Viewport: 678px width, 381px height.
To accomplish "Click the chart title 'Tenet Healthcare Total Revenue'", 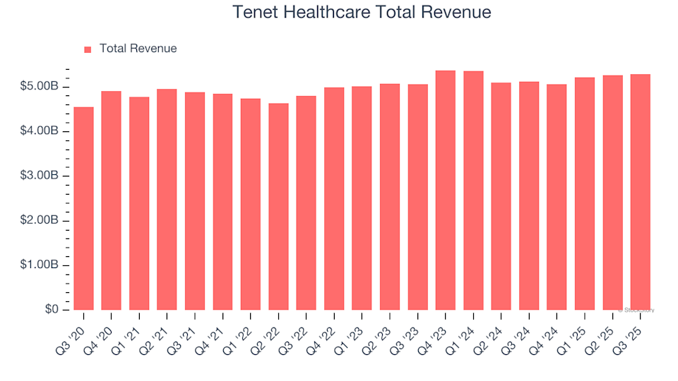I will (x=361, y=12).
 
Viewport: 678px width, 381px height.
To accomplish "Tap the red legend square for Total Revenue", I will (x=88, y=49).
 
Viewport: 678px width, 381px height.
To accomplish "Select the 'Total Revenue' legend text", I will (x=138, y=49).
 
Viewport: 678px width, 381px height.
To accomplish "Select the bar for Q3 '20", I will (x=83, y=209).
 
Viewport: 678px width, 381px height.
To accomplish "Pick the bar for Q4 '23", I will (x=446, y=190).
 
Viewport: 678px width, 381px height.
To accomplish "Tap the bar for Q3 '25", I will (x=641, y=192).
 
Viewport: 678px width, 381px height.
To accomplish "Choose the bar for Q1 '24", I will (x=473, y=190).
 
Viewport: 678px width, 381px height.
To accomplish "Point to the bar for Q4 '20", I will (x=111, y=200).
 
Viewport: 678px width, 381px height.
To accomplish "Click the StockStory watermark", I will (x=636, y=310).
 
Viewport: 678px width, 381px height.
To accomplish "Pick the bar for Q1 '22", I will (x=251, y=205).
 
